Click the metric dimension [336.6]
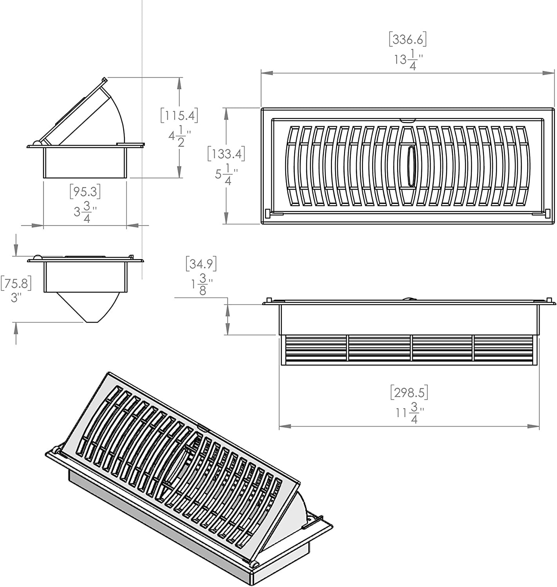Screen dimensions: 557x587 tap(407, 39)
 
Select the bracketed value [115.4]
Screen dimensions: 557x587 tap(179, 115)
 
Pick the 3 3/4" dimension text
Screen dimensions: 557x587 tap(85, 212)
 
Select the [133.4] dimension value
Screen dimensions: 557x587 tap(226, 154)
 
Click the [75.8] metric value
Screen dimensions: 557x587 tap(16, 283)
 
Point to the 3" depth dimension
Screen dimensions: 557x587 tap(16, 298)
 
